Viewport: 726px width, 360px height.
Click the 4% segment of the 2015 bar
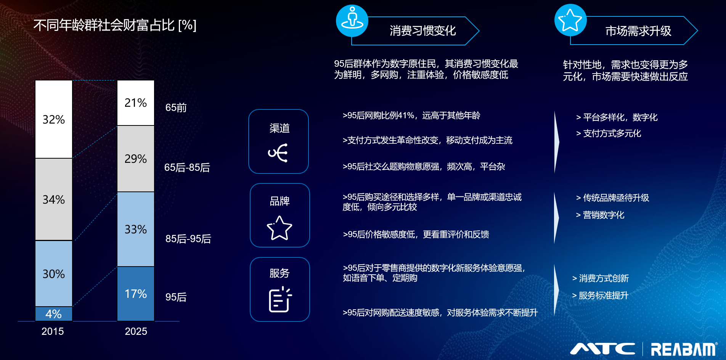[54, 314]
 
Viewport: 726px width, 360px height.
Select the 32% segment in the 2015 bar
[54, 119]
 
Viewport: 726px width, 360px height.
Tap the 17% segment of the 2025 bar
[136, 294]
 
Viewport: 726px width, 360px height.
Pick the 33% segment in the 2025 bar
[136, 229]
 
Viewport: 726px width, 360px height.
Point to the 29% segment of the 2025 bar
[136, 159]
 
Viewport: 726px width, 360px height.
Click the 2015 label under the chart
[53, 331]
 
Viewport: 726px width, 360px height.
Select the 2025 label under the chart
[136, 331]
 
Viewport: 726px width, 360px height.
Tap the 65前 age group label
[176, 108]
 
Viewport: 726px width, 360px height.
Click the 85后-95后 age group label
[188, 239]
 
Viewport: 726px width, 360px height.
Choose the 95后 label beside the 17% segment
[176, 297]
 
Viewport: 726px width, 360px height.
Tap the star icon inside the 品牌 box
[279, 228]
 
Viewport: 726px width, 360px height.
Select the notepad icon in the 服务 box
[280, 300]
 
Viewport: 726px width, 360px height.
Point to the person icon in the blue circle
[352, 18]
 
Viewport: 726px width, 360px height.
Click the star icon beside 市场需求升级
[570, 20]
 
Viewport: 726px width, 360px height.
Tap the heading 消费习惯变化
[423, 31]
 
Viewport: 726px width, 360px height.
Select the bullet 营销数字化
[600, 215]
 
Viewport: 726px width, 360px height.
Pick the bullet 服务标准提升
[600, 296]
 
